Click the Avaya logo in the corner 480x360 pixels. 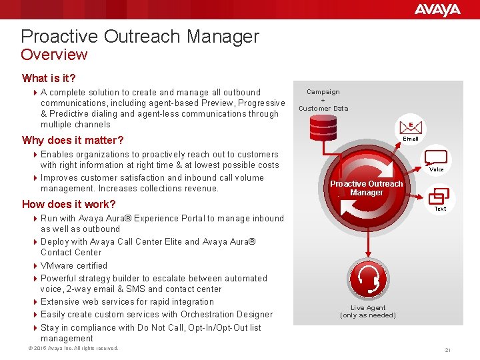[x=437, y=9]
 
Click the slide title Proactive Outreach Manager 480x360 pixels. [x=140, y=36]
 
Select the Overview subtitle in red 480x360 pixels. [x=54, y=55]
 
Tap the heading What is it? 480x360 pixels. [x=49, y=78]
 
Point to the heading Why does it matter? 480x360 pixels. [x=73, y=140]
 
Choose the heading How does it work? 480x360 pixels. [x=69, y=204]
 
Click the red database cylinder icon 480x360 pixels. [x=323, y=126]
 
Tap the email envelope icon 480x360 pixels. [x=411, y=125]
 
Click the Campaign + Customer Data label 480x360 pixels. [x=323, y=100]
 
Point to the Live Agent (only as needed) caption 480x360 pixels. [x=367, y=311]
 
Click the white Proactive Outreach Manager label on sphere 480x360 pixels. [x=367, y=188]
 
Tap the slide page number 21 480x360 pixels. [x=448, y=350]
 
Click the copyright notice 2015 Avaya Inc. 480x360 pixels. [x=69, y=348]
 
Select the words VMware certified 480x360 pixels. [x=74, y=265]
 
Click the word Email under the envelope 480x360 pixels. [x=411, y=139]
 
